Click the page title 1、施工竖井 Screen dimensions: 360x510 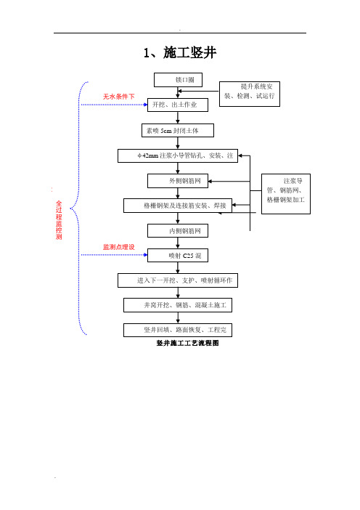[x=180, y=53]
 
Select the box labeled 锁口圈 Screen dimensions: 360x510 [x=178, y=80]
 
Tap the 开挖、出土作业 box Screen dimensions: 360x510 [x=178, y=105]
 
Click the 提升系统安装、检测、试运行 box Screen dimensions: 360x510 [x=250, y=94]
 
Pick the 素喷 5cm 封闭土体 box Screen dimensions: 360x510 [x=178, y=131]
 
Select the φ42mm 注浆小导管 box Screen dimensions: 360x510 [x=178, y=155]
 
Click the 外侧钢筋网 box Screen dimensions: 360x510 [x=178, y=181]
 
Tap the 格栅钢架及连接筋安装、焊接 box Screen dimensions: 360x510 [x=178, y=206]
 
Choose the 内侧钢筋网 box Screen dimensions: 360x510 [x=178, y=231]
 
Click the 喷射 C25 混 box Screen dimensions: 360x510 [x=178, y=255]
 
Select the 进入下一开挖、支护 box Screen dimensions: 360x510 [x=178, y=280]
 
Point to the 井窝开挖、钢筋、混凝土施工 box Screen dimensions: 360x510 [x=178, y=305]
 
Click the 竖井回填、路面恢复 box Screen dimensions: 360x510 [x=178, y=330]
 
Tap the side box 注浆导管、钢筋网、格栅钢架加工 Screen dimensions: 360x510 [x=286, y=194]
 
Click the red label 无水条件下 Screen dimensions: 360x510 [x=118, y=97]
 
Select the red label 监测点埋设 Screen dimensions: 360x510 [x=118, y=247]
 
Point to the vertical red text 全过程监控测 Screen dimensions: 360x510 [x=59, y=220]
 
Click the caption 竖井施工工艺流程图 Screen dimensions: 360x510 [x=187, y=343]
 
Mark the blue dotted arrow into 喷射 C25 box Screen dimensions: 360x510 [x=114, y=255]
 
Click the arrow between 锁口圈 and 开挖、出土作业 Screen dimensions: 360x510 [x=178, y=92]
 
